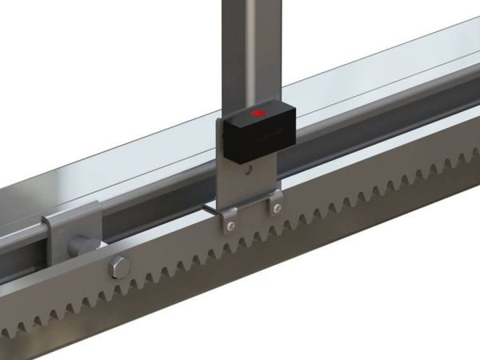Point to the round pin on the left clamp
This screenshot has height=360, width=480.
coord(81,243)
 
